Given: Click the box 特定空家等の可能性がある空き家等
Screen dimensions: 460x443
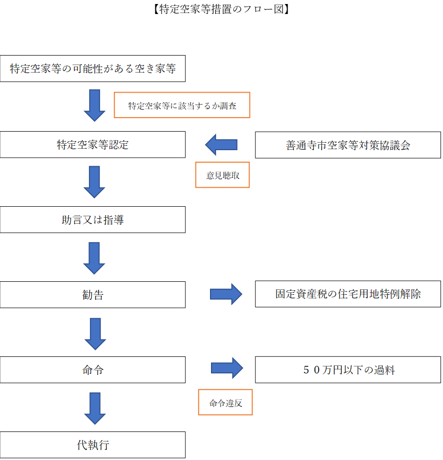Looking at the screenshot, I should tap(92, 69).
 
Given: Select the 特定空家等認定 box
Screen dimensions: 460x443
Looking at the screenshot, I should tap(92, 145).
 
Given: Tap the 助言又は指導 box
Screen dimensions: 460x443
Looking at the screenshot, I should tap(92, 220).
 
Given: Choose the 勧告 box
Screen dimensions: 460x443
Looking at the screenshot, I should tap(92, 295).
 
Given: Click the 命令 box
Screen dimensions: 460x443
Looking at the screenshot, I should tap(92, 370).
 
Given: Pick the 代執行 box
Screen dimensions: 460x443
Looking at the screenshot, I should tap(92, 444).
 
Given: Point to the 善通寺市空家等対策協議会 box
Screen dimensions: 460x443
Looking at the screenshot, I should tap(348, 145).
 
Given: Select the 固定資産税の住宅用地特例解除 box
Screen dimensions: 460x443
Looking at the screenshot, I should tap(348, 294).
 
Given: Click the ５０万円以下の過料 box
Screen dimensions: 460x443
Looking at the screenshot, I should tap(348, 370).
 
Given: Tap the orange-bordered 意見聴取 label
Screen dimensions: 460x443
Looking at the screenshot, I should tap(222, 175).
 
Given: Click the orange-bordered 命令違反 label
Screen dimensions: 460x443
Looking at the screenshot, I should tap(225, 402).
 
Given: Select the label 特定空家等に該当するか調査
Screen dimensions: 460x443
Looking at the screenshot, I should tap(182, 106).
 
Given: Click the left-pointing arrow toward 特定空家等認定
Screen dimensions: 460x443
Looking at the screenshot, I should tap(221, 145).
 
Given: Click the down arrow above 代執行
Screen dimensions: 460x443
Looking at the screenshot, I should tap(94, 408).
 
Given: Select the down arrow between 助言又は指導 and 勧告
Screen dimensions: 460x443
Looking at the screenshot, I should tap(94, 258).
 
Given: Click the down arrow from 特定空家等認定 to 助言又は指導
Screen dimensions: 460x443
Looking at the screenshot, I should tap(94, 182).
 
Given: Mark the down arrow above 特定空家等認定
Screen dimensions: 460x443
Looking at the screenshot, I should tap(94, 106).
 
